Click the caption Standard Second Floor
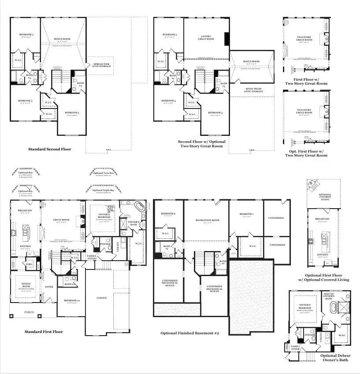49,149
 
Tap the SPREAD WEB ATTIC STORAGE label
101,66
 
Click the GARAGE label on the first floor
101,298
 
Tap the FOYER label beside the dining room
49,287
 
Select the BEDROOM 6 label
169,214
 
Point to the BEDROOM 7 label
246,214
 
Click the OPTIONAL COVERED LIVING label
325,197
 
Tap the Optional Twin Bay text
103,173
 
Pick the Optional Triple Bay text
103,191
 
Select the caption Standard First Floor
44,332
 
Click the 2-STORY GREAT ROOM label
206,37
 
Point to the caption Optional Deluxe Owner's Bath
335,358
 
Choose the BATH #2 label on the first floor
68,284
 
